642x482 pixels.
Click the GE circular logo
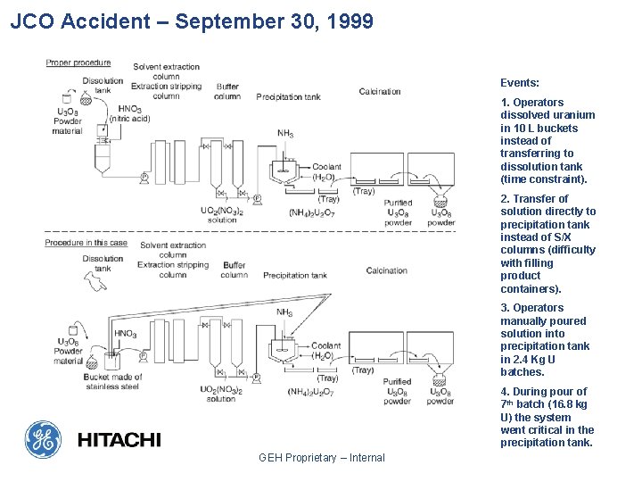tap(42, 438)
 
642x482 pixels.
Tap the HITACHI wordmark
tap(119, 439)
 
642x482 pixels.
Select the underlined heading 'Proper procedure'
tap(78, 62)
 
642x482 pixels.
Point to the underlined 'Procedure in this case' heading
tap(86, 243)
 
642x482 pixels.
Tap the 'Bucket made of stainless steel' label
tap(111, 382)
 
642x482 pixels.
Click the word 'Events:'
tap(520, 82)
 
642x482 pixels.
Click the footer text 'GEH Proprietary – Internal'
tap(321, 458)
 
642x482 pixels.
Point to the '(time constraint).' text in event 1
tap(544, 179)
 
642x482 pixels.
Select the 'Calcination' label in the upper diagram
tap(380, 92)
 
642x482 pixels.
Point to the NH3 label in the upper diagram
tap(285, 134)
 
